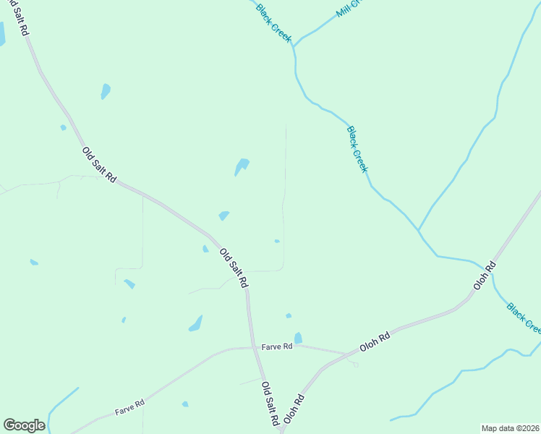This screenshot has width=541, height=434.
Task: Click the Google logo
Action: coord(24,425)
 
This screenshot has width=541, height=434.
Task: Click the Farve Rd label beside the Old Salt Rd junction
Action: coord(277,346)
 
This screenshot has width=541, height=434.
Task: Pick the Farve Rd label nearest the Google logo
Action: coord(129,407)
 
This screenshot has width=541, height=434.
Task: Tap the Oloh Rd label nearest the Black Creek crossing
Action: coord(485,276)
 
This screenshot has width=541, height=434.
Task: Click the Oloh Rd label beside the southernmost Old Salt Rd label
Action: coord(292,409)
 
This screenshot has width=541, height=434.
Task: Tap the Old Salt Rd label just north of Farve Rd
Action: coord(234,268)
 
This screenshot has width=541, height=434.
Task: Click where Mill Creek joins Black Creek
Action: coord(294,46)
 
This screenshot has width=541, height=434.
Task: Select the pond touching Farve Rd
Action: coord(298,338)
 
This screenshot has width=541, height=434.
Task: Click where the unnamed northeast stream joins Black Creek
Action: coord(419,231)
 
